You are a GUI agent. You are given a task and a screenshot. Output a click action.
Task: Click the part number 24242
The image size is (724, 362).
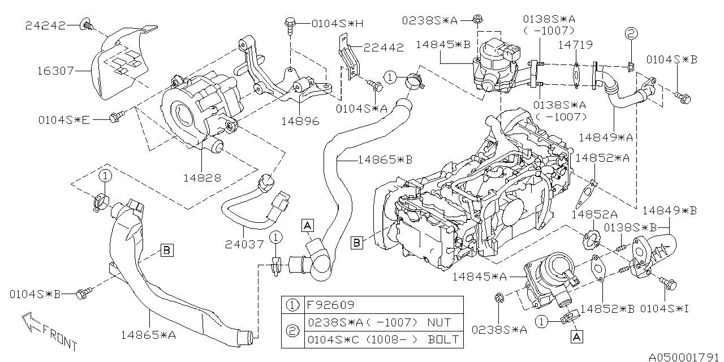point(45,25)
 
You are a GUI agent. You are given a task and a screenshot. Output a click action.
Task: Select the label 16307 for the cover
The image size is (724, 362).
point(55,71)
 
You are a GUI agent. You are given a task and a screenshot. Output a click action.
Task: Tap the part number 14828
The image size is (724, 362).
point(202,178)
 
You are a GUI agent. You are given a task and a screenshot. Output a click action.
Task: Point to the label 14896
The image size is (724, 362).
point(300,121)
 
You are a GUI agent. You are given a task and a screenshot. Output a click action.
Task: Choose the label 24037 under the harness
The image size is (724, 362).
point(244,245)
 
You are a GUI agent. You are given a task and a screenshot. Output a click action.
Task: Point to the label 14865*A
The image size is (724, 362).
point(149,335)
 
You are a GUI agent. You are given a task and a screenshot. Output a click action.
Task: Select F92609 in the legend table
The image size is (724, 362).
point(330,305)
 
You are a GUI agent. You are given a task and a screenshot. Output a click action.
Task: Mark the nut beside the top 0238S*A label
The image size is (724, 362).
point(476,20)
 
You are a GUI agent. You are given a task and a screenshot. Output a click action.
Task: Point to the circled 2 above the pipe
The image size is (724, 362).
point(631,33)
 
